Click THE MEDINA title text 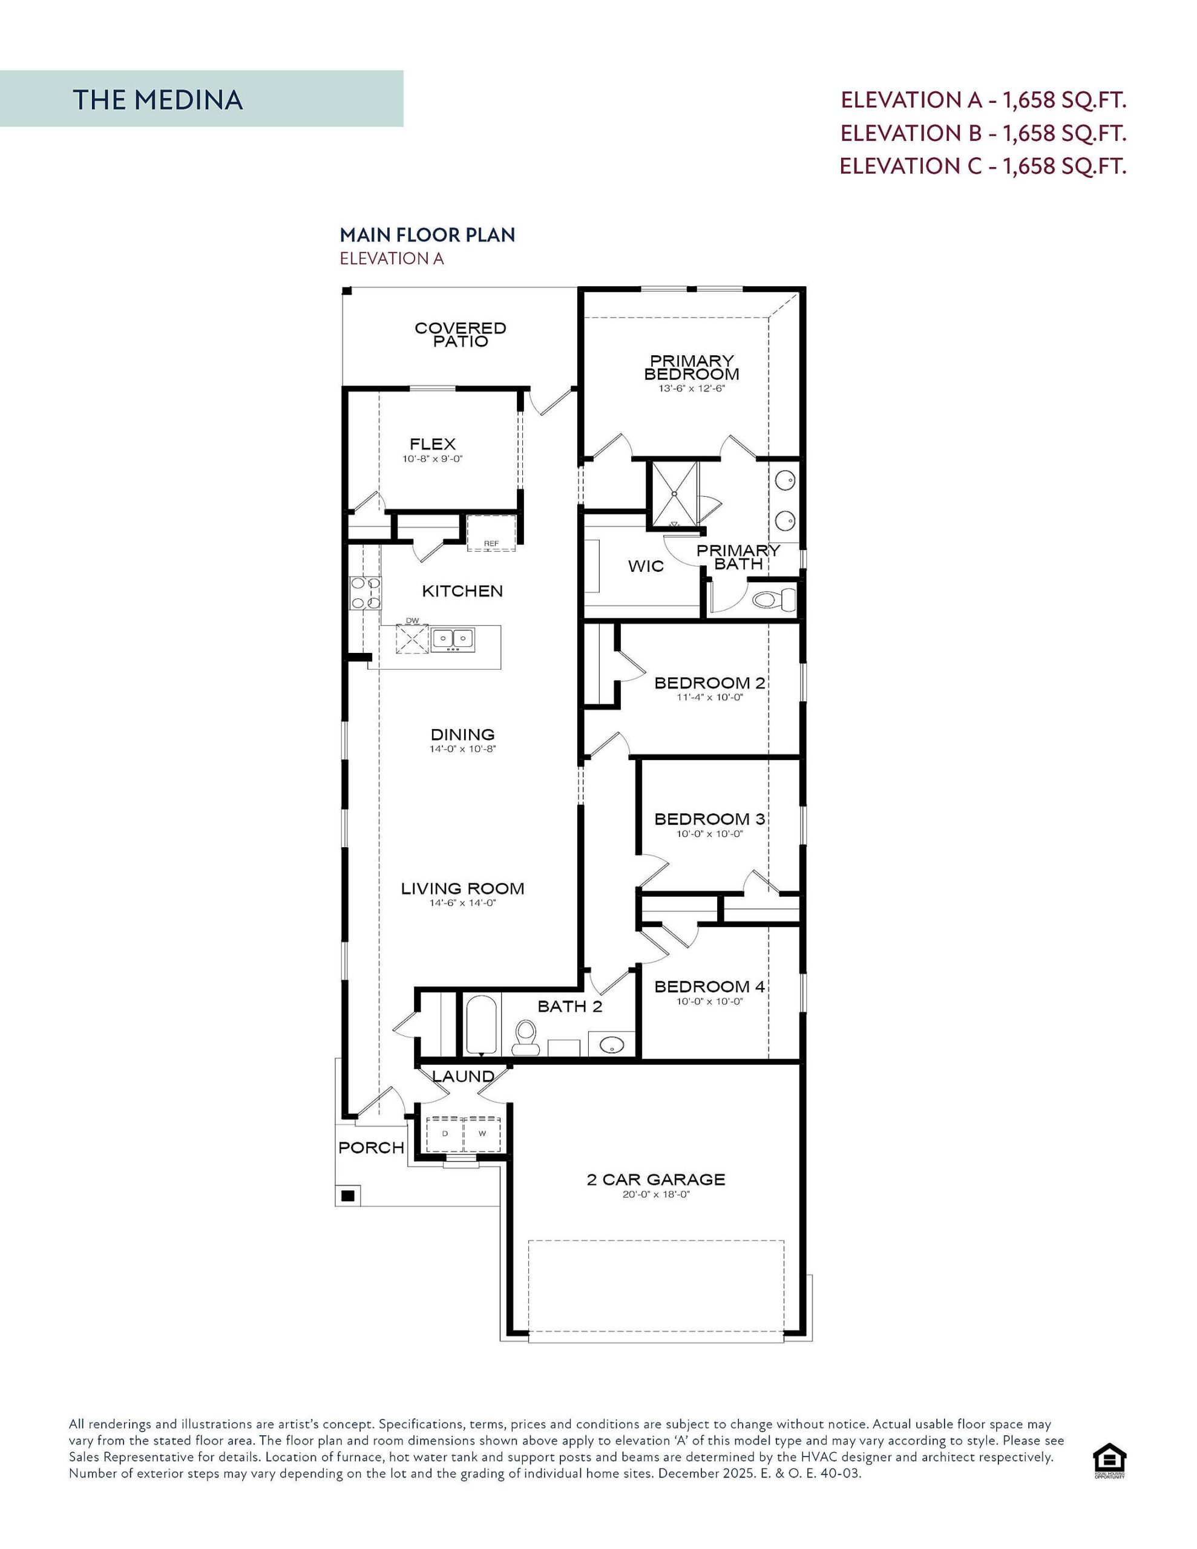(x=157, y=100)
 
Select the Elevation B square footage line (x=983, y=133)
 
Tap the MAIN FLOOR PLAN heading (x=427, y=235)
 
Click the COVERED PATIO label (x=461, y=335)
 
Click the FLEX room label (x=432, y=444)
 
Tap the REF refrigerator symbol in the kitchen (x=491, y=533)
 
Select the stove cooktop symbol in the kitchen (x=365, y=594)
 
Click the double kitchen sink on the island (x=453, y=639)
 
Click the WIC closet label (x=646, y=566)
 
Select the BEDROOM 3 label (x=709, y=819)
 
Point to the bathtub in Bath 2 (x=482, y=1024)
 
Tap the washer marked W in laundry (x=482, y=1133)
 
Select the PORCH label (x=371, y=1148)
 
